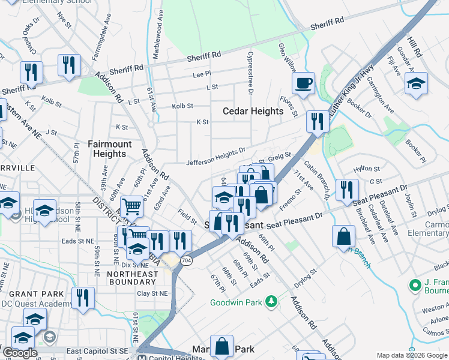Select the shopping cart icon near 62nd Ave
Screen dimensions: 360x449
click(x=131, y=206)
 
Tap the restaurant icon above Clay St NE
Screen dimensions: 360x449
click(x=83, y=297)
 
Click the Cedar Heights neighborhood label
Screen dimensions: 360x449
click(x=253, y=111)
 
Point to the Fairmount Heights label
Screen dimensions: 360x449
click(x=107, y=149)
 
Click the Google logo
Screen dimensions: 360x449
click(x=20, y=353)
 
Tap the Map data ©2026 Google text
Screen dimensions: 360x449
click(x=411, y=355)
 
